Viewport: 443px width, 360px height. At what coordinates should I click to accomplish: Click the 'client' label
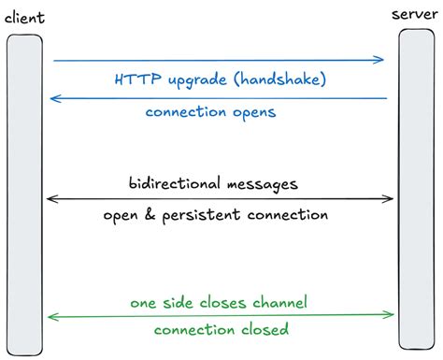coord(23,18)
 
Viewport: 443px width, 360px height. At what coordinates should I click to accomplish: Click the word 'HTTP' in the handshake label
coord(134,79)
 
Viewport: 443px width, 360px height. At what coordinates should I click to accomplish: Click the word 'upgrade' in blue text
coord(196,81)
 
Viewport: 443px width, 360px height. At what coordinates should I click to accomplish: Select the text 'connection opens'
coord(211,112)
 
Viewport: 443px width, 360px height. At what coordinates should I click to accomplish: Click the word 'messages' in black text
coord(264,183)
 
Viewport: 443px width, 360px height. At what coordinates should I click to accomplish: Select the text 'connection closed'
coord(221,330)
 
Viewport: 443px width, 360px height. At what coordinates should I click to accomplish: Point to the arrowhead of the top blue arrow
coord(380,60)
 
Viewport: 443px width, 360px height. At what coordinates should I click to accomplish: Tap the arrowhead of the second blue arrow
coord(53,97)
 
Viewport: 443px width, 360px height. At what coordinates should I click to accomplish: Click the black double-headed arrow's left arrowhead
coord(50,198)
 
